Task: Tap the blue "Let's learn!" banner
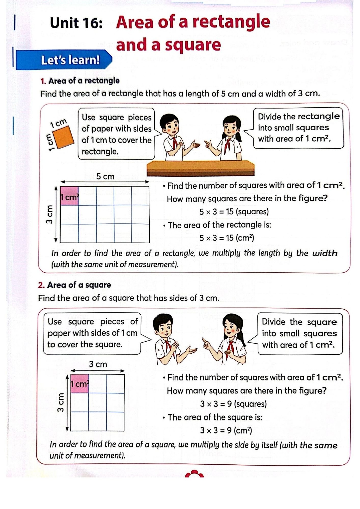click(64, 60)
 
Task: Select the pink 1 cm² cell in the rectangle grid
click(69, 196)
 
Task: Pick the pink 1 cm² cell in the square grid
click(79, 383)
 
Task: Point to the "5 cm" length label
click(105, 176)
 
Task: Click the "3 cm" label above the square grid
click(98, 364)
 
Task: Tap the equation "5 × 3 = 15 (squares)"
click(234, 211)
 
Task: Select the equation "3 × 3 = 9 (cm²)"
click(226, 430)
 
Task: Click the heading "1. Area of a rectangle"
click(80, 81)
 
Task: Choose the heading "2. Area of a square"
click(74, 285)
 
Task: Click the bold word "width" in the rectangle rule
click(325, 253)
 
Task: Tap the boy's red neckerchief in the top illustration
click(175, 143)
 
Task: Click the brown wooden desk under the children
click(200, 168)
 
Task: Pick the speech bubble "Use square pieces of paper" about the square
click(92, 333)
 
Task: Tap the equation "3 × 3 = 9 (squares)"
click(233, 404)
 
